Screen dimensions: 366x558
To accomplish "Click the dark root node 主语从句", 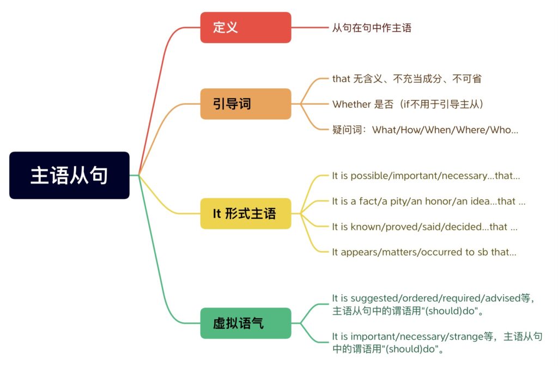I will click(x=69, y=175).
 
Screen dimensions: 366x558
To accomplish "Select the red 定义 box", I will click(x=245, y=27).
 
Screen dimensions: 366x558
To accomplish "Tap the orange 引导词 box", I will click(x=245, y=103).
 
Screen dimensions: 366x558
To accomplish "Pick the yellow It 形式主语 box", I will click(x=245, y=213).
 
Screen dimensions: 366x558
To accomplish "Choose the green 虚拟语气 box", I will click(x=245, y=323).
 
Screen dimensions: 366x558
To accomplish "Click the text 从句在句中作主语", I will click(x=372, y=28).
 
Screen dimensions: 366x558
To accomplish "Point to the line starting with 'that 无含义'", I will click(x=407, y=78).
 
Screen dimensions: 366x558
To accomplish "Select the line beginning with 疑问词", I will click(x=425, y=130).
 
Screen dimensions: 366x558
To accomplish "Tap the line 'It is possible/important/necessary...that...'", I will click(x=426, y=176).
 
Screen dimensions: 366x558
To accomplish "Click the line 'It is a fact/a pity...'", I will click(x=428, y=202).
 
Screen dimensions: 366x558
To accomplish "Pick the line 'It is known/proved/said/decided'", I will click(x=424, y=227).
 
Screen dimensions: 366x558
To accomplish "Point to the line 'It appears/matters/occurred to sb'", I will click(x=424, y=252).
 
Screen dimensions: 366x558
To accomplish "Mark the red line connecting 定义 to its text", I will click(x=311, y=27).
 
